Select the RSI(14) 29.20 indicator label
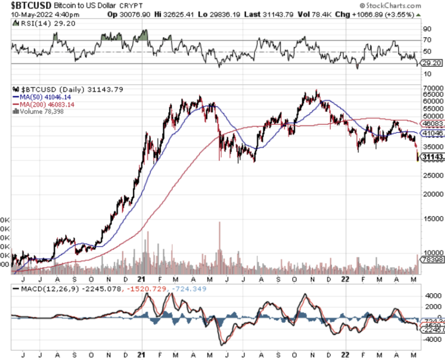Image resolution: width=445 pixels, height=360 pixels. point(32,24)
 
